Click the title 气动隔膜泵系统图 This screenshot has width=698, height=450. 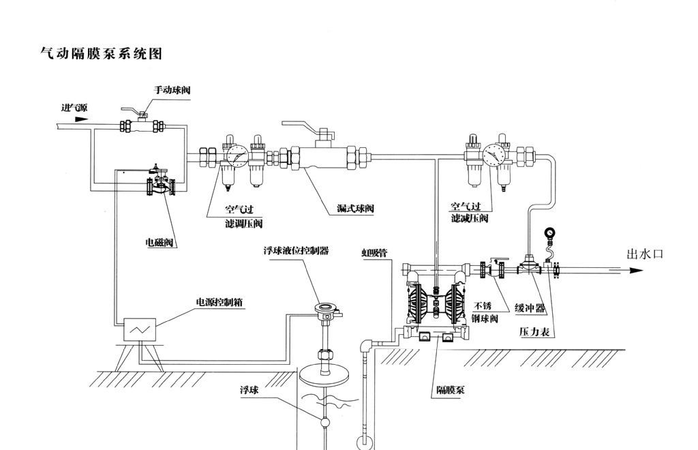point(102,54)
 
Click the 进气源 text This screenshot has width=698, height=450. point(74,108)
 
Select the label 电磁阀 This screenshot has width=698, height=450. point(160,243)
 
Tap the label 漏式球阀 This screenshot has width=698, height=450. point(356,208)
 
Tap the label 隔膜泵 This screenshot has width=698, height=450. point(451,391)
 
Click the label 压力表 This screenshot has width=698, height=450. point(535,333)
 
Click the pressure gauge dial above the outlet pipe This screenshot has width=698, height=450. point(549,235)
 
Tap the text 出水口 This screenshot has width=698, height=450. point(644,254)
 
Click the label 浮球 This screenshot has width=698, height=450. point(249,390)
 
